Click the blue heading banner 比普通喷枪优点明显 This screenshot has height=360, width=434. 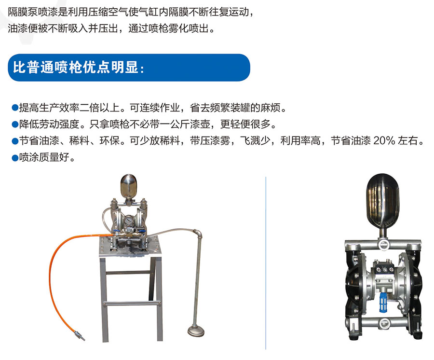129,68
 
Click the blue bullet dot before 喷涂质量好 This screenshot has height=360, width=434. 15,158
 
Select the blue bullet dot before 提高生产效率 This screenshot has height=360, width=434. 15,108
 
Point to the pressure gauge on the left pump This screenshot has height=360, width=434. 128,221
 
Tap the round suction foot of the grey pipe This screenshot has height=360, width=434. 196,331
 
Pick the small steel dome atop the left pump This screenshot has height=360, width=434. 128,185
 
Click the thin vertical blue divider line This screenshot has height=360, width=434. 266,263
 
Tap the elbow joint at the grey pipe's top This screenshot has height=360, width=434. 197,234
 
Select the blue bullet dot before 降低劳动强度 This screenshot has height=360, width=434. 15,125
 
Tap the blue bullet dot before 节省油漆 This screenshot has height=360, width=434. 15,141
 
